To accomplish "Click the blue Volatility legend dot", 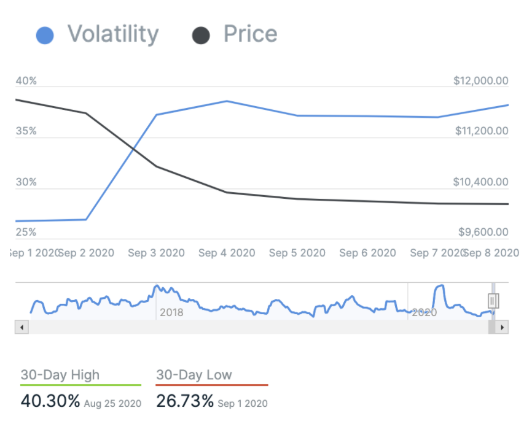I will (x=45, y=35).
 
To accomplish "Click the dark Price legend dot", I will (x=201, y=35).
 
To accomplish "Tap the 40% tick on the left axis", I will (x=26, y=81).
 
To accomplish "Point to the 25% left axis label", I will (x=26, y=233).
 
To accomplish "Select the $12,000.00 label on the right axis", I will (x=481, y=81).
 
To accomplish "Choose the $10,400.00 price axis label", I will (x=481, y=182).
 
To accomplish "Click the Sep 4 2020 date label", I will (x=227, y=253).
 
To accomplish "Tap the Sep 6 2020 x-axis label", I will (x=367, y=253).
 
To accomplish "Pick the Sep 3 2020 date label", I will (x=156, y=253).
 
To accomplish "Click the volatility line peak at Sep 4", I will (x=227, y=101).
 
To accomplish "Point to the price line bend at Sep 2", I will (x=86, y=113).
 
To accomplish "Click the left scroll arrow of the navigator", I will (x=21, y=328).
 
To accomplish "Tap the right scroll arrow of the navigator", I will (x=503, y=328).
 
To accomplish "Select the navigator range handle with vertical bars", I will (x=493, y=301).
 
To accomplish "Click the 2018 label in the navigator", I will (x=171, y=312).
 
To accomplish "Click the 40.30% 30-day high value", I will (x=50, y=401).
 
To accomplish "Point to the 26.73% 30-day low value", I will (x=185, y=401).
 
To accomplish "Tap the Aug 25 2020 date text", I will (x=112, y=404).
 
